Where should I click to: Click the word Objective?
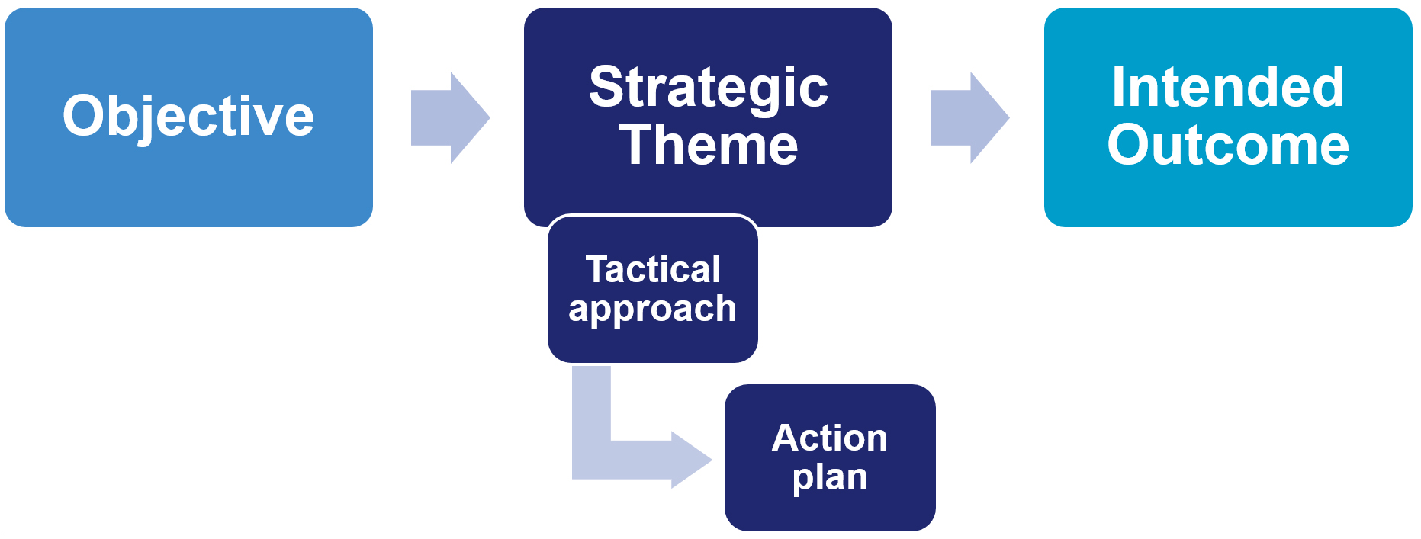[188, 117]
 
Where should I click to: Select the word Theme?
[708, 145]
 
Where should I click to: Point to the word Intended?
[1227, 87]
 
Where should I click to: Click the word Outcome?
[1227, 145]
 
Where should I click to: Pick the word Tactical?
[653, 269]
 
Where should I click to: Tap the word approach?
[652, 310]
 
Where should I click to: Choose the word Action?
[829, 438]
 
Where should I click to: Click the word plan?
[829, 478]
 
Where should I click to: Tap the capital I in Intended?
[1118, 87]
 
